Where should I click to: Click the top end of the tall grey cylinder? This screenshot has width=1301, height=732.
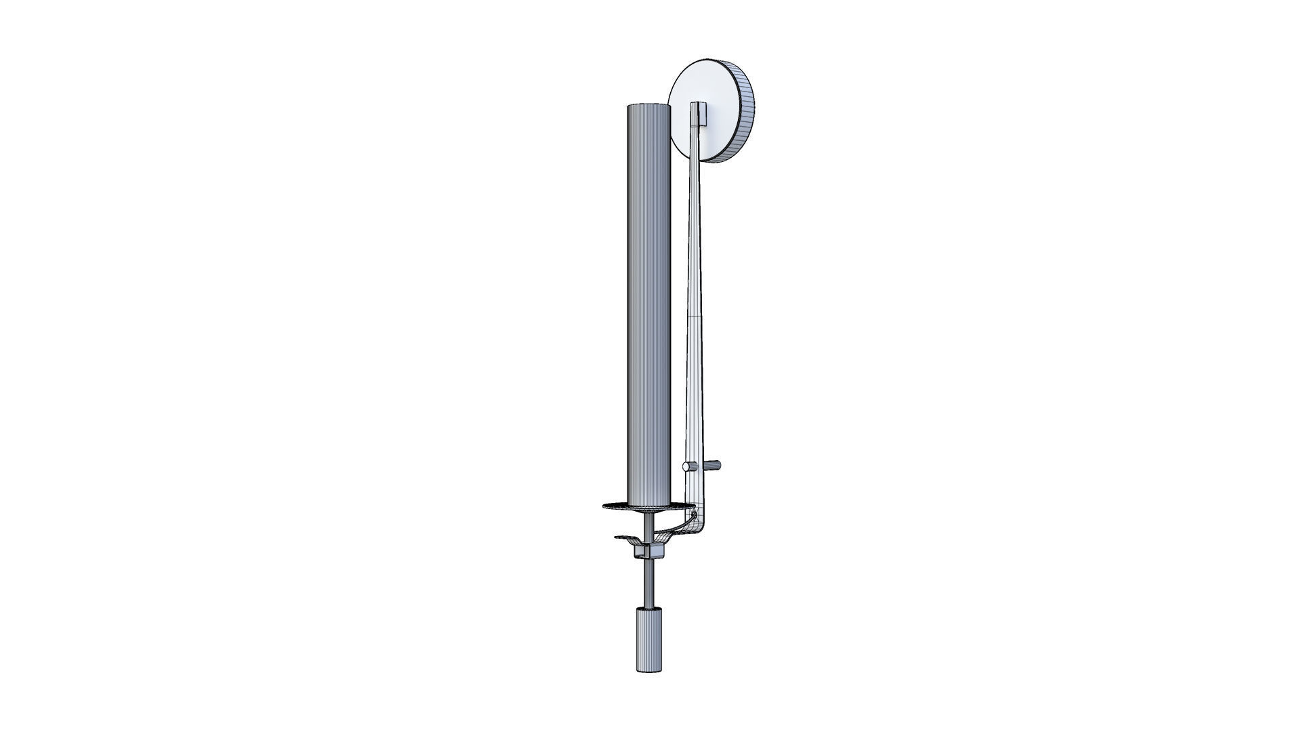click(648, 106)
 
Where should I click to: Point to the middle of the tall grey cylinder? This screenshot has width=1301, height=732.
click(648, 305)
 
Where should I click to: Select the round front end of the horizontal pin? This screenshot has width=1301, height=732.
click(686, 466)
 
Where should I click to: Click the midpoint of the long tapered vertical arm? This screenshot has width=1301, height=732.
click(696, 305)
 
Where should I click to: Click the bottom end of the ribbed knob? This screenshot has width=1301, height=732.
click(648, 670)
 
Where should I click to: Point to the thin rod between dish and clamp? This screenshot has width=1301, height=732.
click(650, 525)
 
